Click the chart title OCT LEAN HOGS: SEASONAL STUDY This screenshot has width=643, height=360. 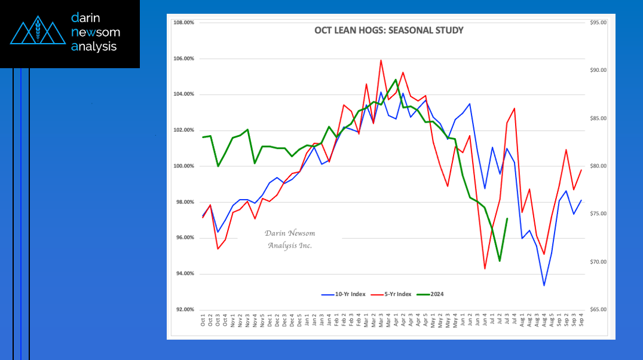point(389,30)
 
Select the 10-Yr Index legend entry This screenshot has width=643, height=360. point(343,294)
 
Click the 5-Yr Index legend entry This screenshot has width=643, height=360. point(391,294)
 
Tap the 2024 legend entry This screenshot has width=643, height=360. point(430,294)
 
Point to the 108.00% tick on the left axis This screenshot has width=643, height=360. point(183,23)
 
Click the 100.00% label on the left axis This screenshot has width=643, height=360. point(183,166)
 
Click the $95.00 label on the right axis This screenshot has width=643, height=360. point(598,23)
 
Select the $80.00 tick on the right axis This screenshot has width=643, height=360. point(598,166)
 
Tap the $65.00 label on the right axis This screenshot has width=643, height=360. point(598,310)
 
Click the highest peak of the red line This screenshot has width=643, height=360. point(381,60)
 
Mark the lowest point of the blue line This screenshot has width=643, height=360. point(544,285)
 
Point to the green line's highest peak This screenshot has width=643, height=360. point(396,80)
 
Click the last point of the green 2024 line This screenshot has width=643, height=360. point(507,218)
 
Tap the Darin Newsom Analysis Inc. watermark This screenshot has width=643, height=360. point(290,239)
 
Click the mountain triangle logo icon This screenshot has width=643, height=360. point(38,30)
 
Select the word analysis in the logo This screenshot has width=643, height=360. point(94,47)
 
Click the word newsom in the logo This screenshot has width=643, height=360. point(96,32)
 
